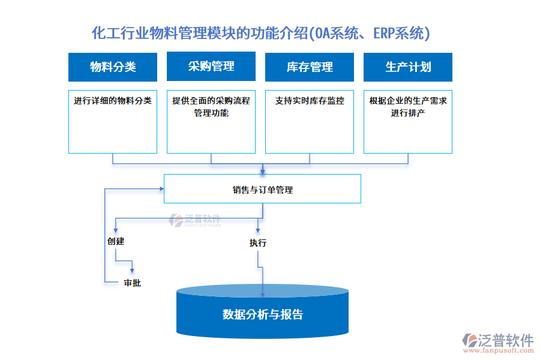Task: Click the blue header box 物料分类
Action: click(x=113, y=67)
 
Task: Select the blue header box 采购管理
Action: click(x=211, y=66)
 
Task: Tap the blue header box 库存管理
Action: click(x=310, y=67)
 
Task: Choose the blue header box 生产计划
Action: click(x=408, y=67)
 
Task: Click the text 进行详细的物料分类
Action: click(x=113, y=101)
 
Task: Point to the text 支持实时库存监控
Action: click(x=310, y=101)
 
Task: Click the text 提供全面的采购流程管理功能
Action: click(x=211, y=106)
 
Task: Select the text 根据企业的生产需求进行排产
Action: click(x=408, y=106)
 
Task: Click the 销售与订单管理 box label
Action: click(x=263, y=190)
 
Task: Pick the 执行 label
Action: click(x=258, y=243)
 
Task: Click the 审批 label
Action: click(x=132, y=283)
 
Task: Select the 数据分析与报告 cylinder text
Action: click(x=263, y=314)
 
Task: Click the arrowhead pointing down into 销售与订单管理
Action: click(x=263, y=171)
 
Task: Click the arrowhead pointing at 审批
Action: click(x=132, y=271)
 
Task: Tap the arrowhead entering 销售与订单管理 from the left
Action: click(x=161, y=189)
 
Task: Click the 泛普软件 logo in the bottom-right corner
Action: click(x=497, y=343)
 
